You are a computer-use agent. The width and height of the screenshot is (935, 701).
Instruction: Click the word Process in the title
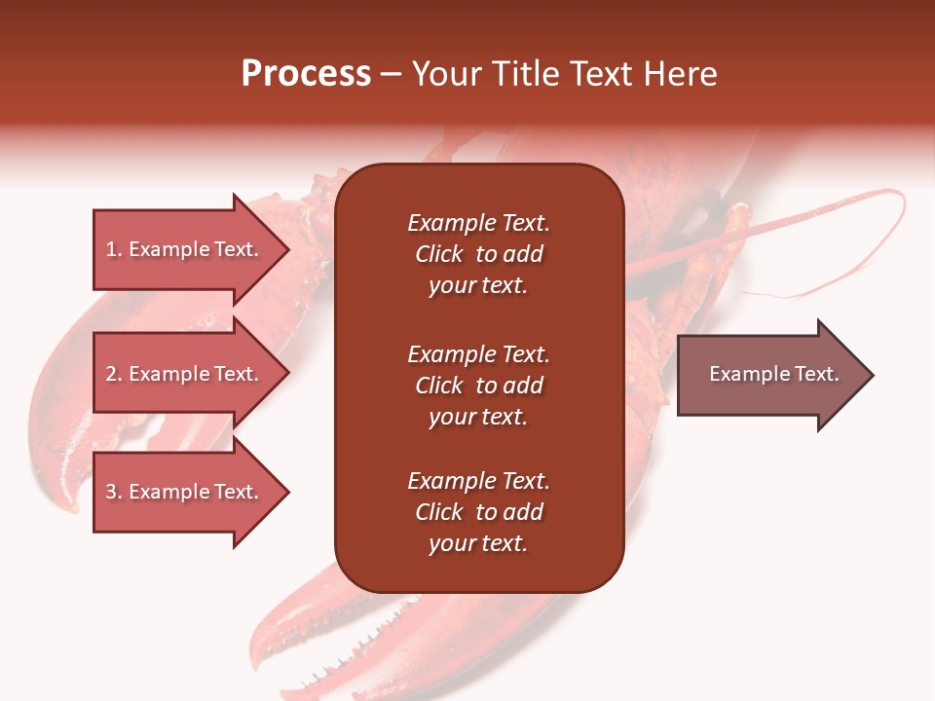point(306,73)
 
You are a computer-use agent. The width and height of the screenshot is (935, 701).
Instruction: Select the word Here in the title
point(680,73)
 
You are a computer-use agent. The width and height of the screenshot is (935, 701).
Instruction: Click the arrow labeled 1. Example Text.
point(191,249)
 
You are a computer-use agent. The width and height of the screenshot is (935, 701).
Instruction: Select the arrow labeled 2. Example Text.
point(191,373)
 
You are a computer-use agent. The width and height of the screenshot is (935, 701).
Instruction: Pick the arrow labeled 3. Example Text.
point(191,492)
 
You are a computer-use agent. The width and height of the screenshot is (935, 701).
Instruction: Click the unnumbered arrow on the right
point(775,375)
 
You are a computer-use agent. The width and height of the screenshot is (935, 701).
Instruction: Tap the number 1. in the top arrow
point(114,249)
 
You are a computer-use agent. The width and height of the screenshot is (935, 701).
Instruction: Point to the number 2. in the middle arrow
point(114,374)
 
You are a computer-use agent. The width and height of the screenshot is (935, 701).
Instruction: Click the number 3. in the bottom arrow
point(114,492)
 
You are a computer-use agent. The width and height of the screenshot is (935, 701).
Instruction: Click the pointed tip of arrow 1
point(289,249)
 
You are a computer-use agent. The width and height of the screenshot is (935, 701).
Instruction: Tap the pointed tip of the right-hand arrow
point(874,375)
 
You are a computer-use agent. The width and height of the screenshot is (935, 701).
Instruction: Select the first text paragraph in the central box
point(479,254)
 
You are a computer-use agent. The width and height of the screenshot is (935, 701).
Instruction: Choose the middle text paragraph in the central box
point(479,386)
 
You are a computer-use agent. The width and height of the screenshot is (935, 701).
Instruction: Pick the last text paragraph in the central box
point(479,512)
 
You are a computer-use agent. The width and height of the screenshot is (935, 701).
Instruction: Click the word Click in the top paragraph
point(439,254)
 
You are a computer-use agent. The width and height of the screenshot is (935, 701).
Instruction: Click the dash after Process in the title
point(391,75)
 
